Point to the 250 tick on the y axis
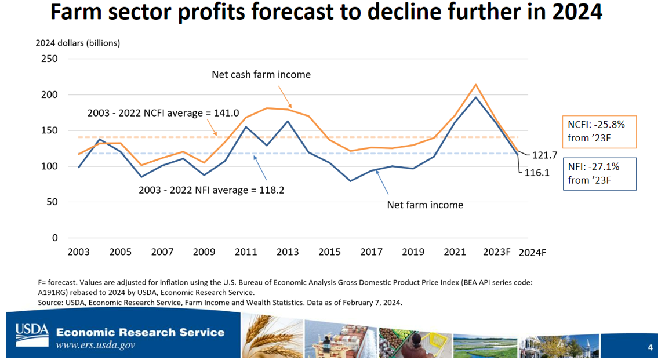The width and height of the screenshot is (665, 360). tap(50, 59)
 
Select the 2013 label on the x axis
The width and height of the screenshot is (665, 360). tap(288, 252)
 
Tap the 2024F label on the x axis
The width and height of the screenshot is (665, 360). tap(532, 253)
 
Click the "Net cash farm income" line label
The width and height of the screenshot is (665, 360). tap(261, 74)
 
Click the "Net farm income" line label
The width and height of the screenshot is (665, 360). tap(425, 205)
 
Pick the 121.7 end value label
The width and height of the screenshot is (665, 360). tap(544, 156)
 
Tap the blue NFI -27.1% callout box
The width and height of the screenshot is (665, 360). tap(599, 173)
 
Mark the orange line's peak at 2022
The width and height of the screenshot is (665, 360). tap(475, 85)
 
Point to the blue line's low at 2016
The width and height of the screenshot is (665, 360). tap(350, 181)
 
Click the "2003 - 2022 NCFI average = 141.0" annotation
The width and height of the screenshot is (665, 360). tap(148, 114)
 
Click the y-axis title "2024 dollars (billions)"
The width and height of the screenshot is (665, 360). tap(78, 43)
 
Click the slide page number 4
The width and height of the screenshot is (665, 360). tap(650, 347)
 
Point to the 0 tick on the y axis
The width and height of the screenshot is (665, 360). tap(55, 238)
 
